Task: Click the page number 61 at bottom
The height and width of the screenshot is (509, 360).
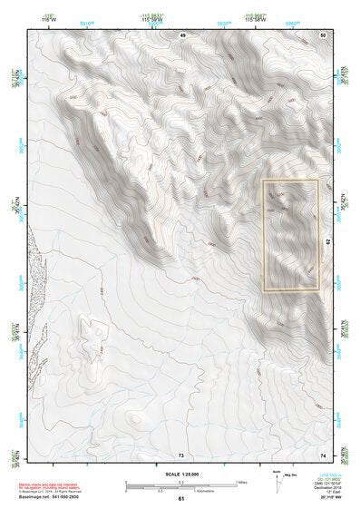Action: pos(181,498)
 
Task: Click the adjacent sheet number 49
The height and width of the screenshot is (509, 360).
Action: pos(182,34)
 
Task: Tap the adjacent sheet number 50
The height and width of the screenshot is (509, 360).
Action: pos(323,34)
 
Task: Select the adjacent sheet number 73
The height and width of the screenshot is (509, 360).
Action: pos(181,453)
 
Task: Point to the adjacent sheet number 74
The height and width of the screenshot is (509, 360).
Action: pos(323,453)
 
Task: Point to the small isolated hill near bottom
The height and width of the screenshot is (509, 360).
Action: pos(134,418)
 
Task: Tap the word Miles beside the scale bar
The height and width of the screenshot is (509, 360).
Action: pos(239,483)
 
